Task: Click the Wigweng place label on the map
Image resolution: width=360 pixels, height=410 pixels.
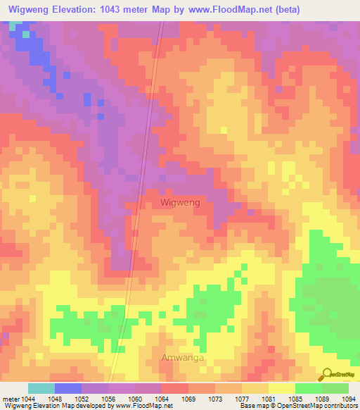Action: [181, 202]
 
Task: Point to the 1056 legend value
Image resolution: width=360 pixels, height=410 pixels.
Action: [108, 399]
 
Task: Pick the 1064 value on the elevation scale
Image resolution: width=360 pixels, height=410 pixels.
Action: [162, 399]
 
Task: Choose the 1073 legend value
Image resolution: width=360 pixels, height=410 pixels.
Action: [215, 399]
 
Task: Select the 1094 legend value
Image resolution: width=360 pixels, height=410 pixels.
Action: [349, 399]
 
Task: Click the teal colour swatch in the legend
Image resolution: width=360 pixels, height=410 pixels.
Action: [41, 388]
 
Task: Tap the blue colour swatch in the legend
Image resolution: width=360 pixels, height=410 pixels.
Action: [68, 388]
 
